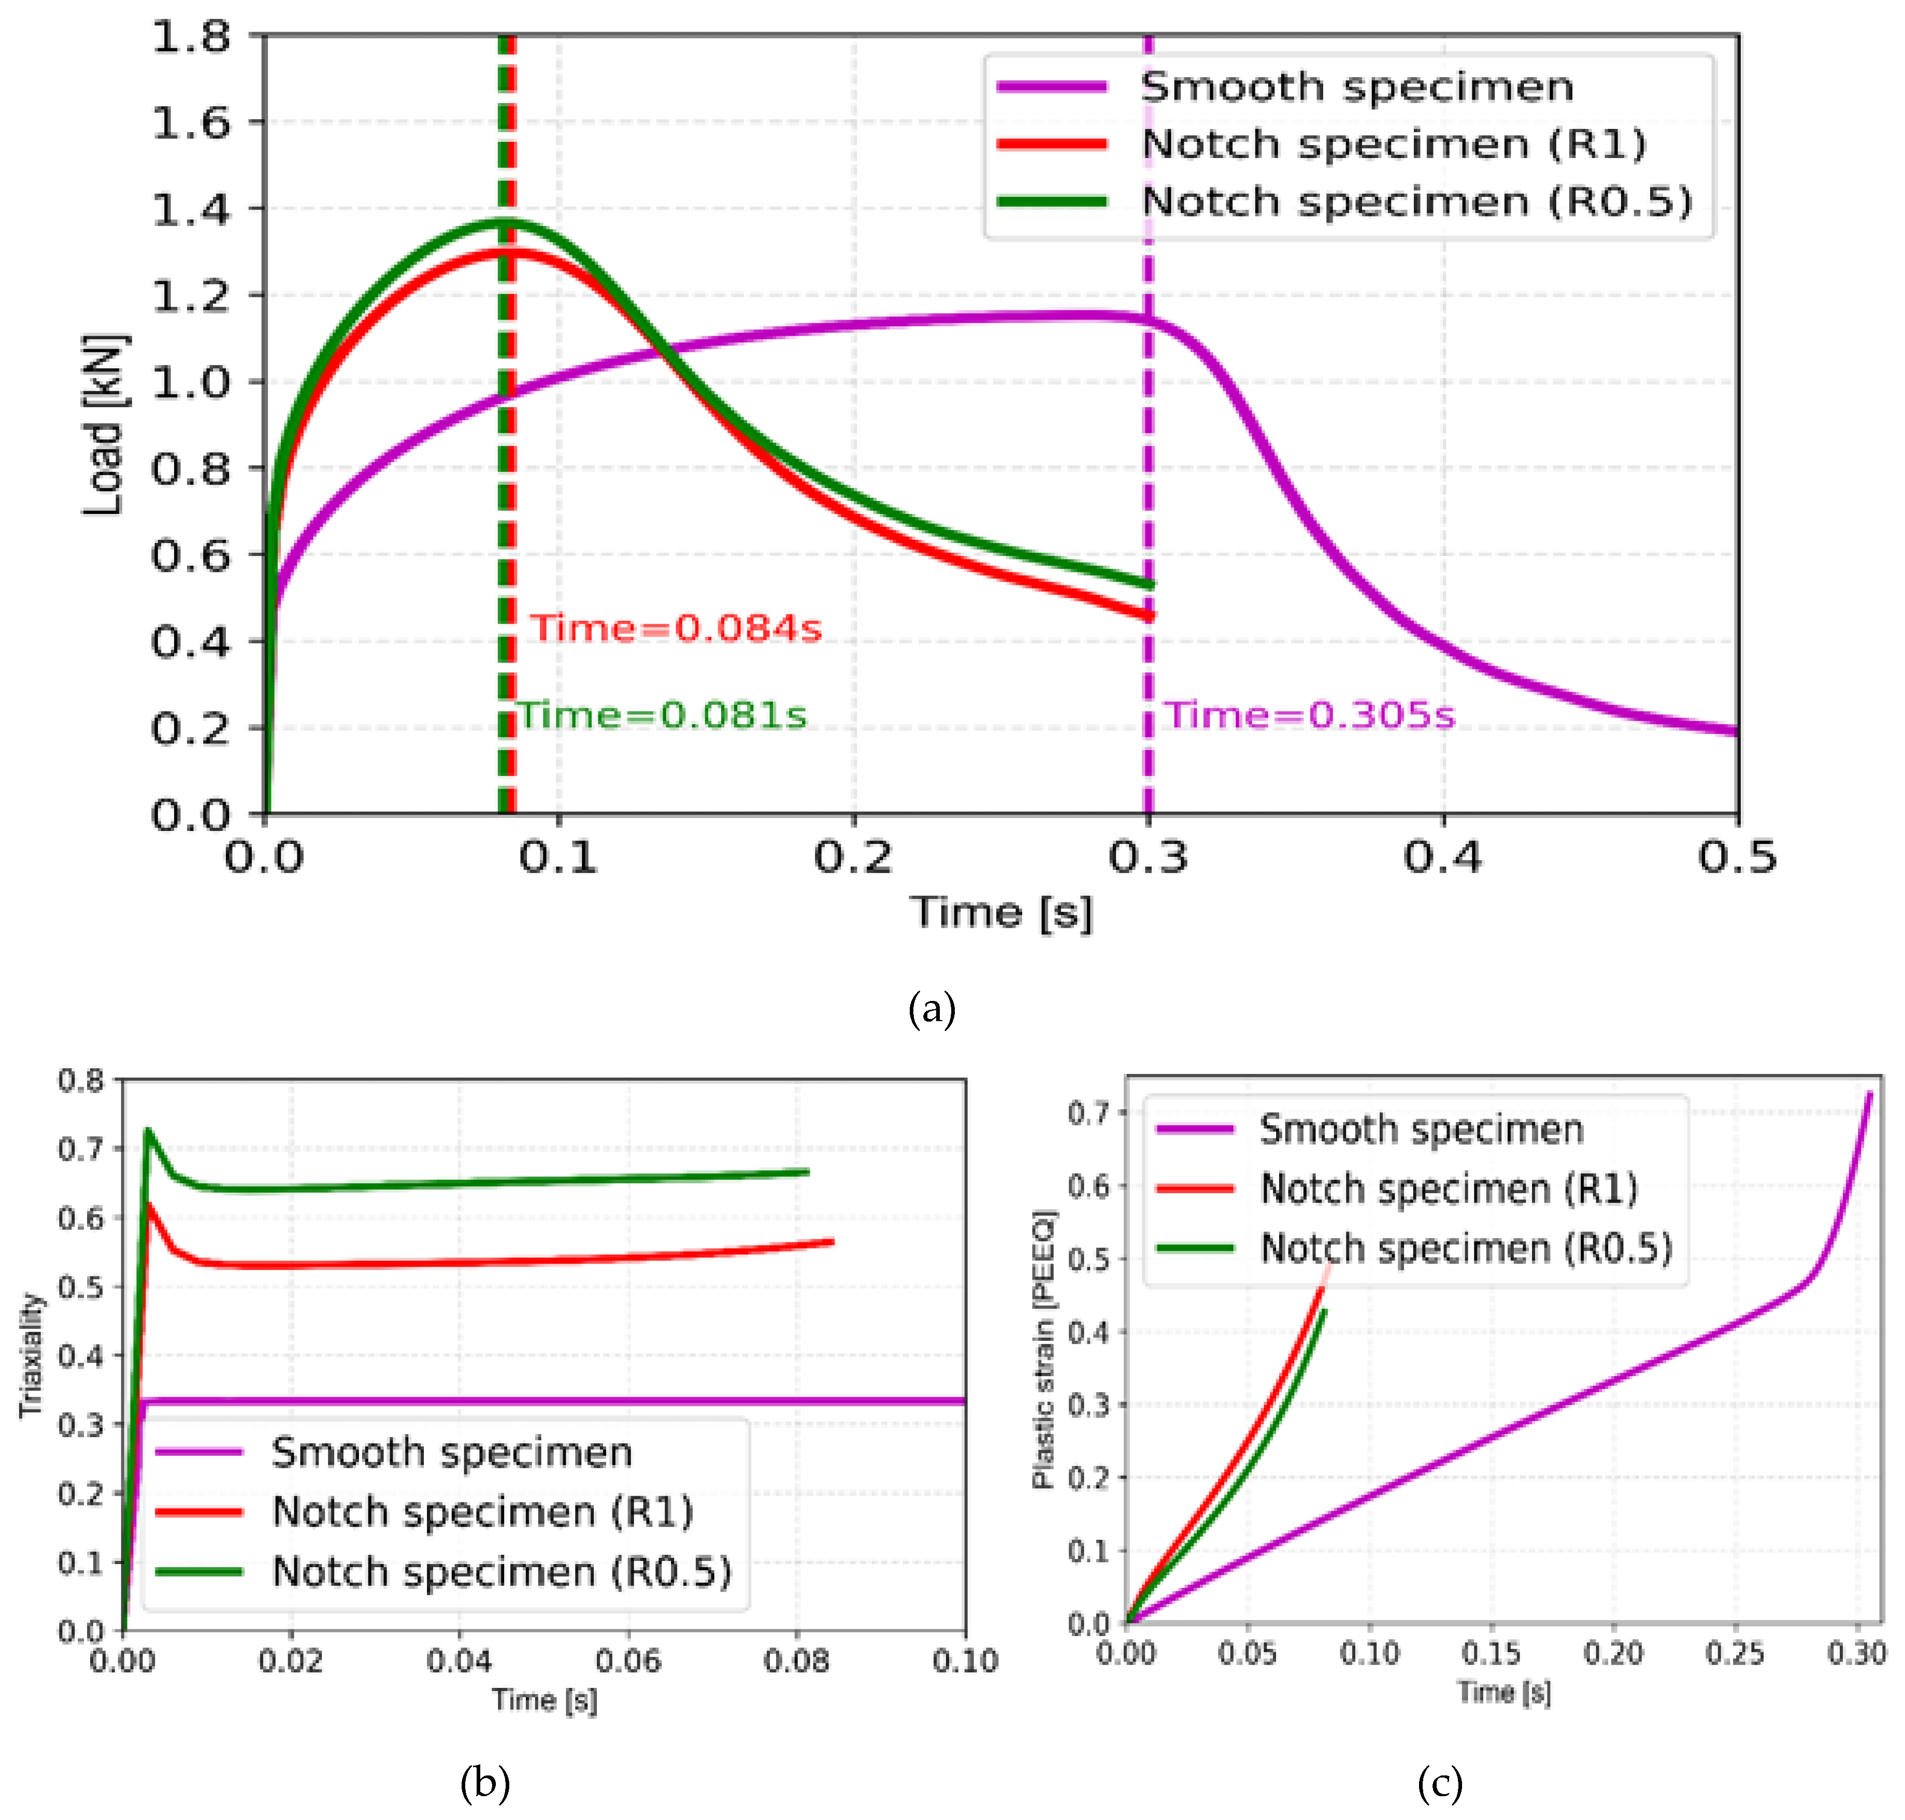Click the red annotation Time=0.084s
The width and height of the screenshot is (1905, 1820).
(x=676, y=628)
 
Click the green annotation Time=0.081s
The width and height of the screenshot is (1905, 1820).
(x=663, y=715)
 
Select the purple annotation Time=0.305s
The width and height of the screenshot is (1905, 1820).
(x=1309, y=715)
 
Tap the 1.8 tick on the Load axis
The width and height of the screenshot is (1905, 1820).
(x=192, y=37)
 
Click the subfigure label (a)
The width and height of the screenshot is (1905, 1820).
(x=931, y=1009)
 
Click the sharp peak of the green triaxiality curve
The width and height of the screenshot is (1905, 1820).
(x=148, y=1129)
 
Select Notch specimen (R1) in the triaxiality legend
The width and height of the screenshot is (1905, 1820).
(x=482, y=1512)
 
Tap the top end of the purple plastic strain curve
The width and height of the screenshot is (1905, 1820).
(x=1869, y=1093)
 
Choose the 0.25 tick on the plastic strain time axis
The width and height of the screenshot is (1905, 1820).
(x=1734, y=1652)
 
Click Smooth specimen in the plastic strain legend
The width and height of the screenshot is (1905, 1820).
(x=1421, y=1129)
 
